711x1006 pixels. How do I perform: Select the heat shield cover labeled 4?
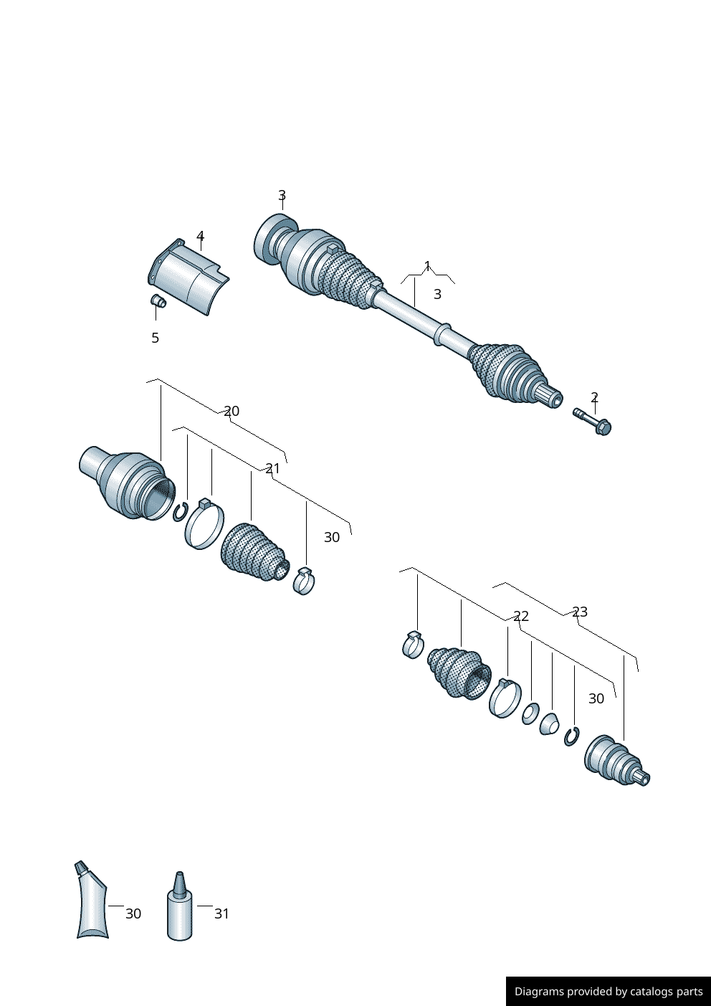tap(189, 277)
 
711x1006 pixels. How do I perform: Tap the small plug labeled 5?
tap(158, 301)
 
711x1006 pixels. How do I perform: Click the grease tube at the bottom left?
tap(91, 903)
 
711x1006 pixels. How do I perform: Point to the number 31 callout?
tap(221, 914)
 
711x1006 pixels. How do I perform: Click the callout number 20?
tap(232, 411)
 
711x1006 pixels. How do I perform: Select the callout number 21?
tap(273, 468)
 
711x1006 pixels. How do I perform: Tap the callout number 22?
tap(521, 616)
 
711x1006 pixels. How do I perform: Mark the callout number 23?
tap(580, 612)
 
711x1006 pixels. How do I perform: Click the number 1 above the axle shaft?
tap(427, 266)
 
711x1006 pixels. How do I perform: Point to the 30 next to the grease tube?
tap(133, 914)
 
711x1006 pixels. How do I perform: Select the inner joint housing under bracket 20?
tap(128, 483)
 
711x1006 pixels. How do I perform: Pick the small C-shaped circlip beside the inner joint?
tap(180, 512)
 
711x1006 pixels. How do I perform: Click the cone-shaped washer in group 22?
tap(549, 724)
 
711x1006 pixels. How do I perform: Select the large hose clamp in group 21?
tap(204, 526)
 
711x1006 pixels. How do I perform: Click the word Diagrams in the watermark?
tap(539, 992)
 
